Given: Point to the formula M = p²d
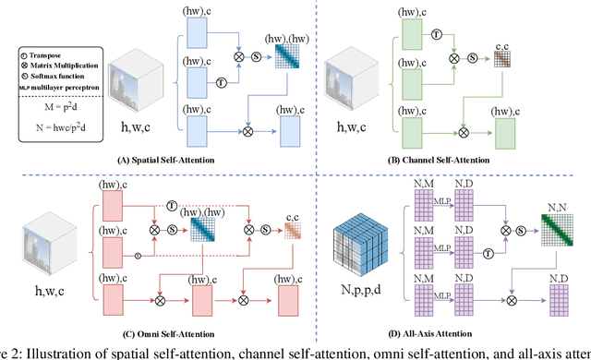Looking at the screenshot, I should click(x=54, y=95).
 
